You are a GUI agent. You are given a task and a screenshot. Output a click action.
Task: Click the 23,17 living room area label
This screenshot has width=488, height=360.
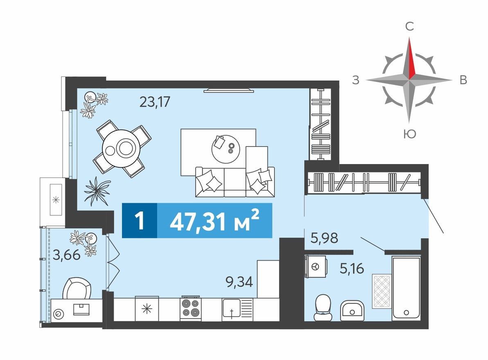coord(154,101)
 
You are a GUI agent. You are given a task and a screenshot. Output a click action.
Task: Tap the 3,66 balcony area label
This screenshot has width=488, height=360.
coord(66,255)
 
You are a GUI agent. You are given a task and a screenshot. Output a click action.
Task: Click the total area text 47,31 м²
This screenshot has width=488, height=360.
coord(215,221)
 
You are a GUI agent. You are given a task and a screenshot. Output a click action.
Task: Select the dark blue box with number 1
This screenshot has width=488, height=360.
coord(140,221)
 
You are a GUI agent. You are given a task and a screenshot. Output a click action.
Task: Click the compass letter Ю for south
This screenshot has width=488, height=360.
coord(409,133)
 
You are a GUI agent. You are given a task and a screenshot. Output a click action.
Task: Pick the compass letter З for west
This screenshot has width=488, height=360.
coord(356,81)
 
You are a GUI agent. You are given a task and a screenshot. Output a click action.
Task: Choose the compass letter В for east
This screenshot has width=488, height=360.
coord(463,81)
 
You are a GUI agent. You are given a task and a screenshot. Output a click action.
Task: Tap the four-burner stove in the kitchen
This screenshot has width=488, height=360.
coord(190,309)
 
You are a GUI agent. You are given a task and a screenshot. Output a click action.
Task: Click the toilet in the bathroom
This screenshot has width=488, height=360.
coord(323,308)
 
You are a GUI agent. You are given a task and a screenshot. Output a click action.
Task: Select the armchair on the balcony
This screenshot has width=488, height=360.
coord(77,288)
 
